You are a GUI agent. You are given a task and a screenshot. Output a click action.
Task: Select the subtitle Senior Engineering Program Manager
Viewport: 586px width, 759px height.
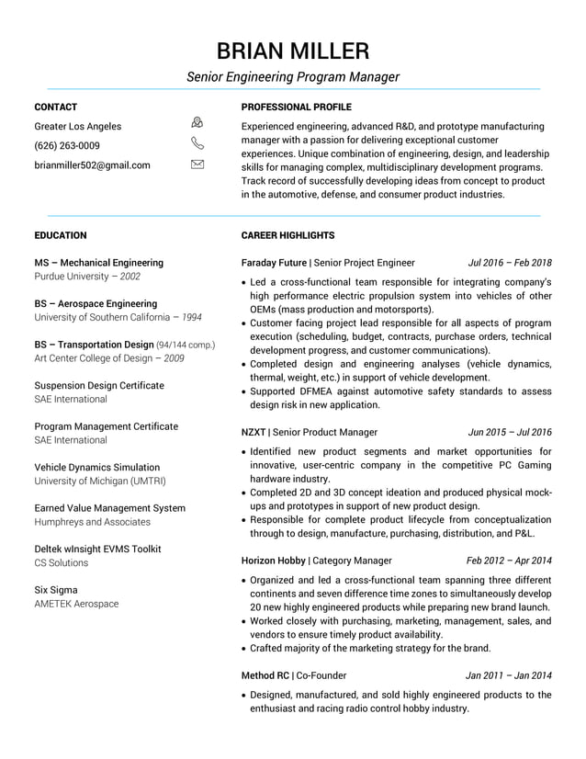(x=293, y=77)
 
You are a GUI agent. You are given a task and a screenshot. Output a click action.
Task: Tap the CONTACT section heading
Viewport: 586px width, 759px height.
(x=55, y=108)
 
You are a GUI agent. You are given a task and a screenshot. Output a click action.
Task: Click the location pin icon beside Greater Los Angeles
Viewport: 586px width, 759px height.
(x=197, y=123)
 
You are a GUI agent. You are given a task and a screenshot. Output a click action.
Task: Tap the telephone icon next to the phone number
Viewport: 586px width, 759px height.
(x=197, y=143)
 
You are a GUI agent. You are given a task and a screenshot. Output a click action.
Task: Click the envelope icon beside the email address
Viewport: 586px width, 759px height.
(x=197, y=164)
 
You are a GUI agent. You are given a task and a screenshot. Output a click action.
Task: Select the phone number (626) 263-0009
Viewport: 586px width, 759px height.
(x=67, y=146)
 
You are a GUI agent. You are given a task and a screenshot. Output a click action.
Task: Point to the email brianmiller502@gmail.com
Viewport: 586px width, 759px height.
(x=92, y=165)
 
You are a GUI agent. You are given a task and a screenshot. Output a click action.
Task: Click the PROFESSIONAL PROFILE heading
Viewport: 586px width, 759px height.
(x=296, y=108)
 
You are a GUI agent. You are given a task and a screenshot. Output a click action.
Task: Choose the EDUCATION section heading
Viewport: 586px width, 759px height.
(x=60, y=235)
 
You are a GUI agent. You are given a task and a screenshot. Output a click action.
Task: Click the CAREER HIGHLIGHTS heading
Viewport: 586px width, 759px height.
(x=287, y=235)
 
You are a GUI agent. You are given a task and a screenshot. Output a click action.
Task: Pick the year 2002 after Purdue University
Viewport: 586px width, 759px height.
(x=130, y=277)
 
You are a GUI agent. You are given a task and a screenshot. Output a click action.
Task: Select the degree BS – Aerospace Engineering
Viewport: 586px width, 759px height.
(x=96, y=303)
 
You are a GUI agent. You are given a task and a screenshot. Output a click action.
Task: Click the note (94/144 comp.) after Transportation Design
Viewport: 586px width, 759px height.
(x=186, y=346)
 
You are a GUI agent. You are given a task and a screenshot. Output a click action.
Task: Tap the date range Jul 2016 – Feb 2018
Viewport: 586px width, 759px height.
(x=510, y=263)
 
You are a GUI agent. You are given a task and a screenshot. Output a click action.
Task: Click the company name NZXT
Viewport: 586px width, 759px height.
(x=253, y=432)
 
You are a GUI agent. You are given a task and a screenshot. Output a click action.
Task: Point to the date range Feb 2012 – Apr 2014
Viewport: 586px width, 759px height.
(x=509, y=561)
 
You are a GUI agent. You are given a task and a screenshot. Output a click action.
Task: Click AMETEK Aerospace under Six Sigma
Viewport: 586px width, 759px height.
(x=76, y=604)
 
